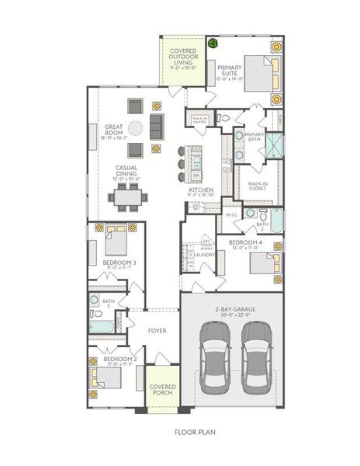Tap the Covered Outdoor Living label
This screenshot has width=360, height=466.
[x=184, y=59]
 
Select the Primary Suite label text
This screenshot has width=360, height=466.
[x=230, y=71]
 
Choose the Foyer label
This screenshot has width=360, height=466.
[x=157, y=332]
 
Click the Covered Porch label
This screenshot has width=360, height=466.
[x=162, y=390]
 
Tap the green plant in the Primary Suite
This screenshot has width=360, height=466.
[x=211, y=44]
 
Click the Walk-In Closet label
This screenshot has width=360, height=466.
[x=258, y=186]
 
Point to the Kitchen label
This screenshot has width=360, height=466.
[x=200, y=191]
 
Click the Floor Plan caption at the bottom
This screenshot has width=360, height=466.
[x=195, y=432]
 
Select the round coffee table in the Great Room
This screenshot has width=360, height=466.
[x=136, y=127]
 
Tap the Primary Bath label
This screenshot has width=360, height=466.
[x=254, y=137]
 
